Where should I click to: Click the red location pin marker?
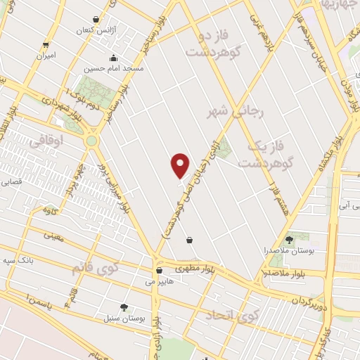(181, 165)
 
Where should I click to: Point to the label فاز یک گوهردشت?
(269, 154)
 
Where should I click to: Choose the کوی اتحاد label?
(229, 314)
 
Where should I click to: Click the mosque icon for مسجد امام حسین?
(112, 58)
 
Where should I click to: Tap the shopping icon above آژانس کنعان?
(96, 20)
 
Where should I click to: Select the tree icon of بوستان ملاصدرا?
(289, 240)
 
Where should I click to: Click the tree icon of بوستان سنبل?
(124, 307)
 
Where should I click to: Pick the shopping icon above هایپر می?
(159, 269)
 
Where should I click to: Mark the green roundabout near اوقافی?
(92, 140)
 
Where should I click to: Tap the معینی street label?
(52, 237)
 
